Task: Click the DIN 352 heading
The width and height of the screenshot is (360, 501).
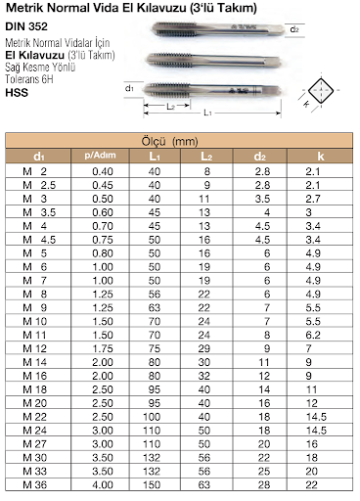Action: point(26,26)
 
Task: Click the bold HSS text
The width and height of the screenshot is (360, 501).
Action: point(17,93)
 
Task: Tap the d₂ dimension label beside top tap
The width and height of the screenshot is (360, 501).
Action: point(294,29)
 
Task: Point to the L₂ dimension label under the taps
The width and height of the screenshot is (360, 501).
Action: point(171,107)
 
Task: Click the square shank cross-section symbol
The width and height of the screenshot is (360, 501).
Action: point(321,90)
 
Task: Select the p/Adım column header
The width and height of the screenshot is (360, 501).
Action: point(100,156)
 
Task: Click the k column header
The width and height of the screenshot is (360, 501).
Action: point(321,157)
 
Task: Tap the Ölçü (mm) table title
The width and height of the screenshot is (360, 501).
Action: point(169,142)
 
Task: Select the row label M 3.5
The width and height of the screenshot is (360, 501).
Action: point(39,212)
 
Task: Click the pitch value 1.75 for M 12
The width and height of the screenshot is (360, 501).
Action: point(103,348)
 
